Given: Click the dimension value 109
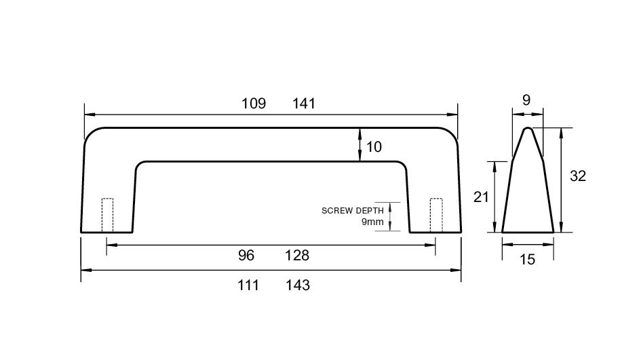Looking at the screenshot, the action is point(254,103).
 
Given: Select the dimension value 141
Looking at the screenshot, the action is point(304,103).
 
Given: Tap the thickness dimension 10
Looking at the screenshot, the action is point(374,146).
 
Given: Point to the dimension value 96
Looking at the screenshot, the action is point(246,256).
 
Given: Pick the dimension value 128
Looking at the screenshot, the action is point(297,256).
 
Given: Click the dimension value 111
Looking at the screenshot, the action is point(248,285).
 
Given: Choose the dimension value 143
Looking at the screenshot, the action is point(298,285).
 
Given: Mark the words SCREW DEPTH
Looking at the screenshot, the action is point(353,211).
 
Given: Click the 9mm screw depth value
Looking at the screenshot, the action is point(372,222).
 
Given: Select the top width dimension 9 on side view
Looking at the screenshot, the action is point(526,100).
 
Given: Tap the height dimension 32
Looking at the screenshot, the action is point(578,176).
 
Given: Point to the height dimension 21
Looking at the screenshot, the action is point(481,197).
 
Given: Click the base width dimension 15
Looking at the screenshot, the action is point(527,259).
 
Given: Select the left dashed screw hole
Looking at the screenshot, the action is point(108,216).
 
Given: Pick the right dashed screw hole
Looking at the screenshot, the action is point(436,216).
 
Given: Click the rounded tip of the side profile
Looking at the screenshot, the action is point(528,128).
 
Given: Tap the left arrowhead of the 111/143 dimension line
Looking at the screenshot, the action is point(86,270).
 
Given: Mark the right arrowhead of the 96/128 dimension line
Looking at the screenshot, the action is point(430,245).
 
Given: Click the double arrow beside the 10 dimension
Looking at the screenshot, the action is point(360,144).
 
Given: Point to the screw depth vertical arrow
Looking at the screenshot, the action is point(390,216).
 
